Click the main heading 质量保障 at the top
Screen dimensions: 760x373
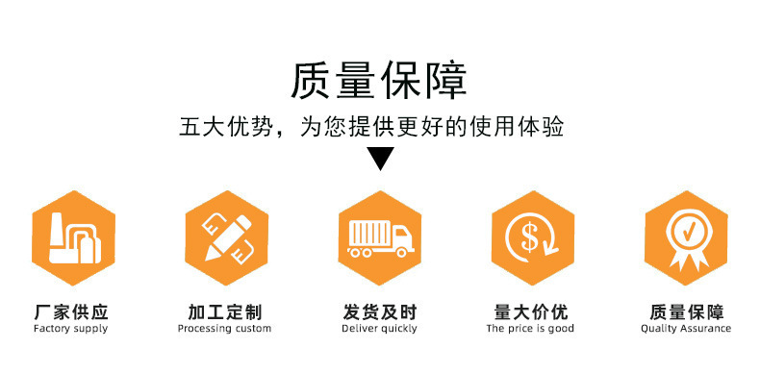pos(379,82)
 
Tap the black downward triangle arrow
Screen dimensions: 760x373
pos(381,157)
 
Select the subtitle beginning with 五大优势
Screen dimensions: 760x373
pos(371,127)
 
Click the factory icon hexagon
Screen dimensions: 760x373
pos(74,237)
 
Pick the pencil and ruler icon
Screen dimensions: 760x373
pos(227,237)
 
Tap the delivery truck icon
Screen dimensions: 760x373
pos(380,237)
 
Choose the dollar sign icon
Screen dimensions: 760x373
pos(533,237)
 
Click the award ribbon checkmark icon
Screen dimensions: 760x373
pos(686,237)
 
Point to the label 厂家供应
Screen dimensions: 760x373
pos(71,312)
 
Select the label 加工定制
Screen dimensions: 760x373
pos(224,312)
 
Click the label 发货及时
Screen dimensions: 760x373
pos(379,312)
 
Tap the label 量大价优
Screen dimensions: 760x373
pos(531,312)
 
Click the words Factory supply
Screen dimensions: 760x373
pos(71,329)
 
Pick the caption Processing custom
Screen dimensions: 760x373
pos(224,329)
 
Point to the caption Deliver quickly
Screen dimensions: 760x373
pos(379,329)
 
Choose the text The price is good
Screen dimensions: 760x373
pos(530,329)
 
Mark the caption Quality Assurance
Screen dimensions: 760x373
pos(686,329)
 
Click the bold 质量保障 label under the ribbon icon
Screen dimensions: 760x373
pos(686,312)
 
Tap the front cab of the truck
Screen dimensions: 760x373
pos(403,238)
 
